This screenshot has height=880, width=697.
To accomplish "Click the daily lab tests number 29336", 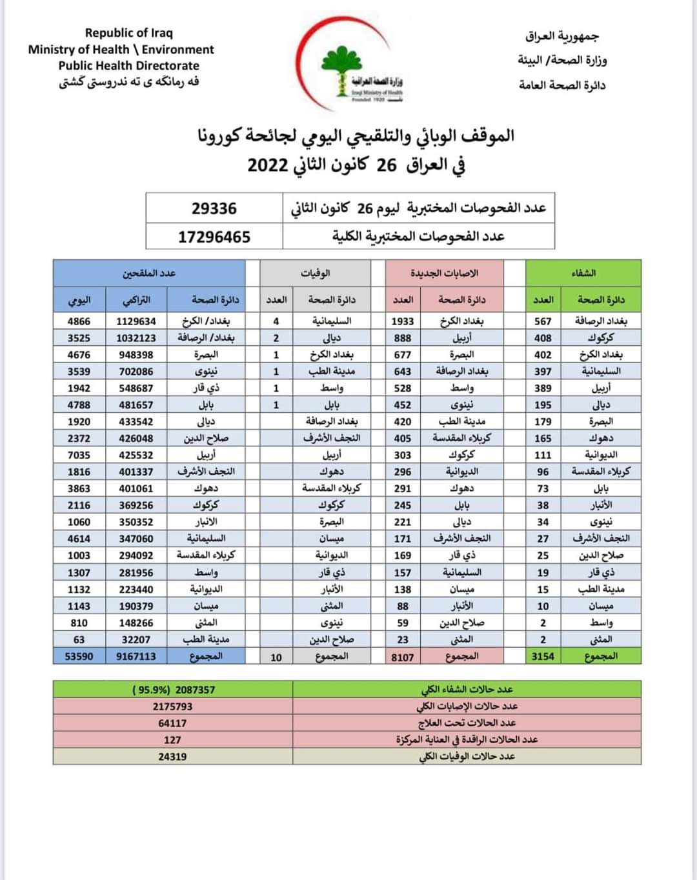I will [214, 208].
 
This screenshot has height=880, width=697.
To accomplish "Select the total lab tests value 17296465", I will [214, 237].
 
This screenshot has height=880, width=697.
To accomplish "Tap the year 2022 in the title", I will [268, 165].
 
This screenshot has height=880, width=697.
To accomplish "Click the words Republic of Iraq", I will [129, 33].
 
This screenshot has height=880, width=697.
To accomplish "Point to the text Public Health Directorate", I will [129, 66].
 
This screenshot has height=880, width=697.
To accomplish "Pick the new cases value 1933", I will [403, 321].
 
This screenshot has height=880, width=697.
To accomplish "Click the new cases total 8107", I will [403, 657].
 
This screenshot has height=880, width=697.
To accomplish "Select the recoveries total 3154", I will [543, 656].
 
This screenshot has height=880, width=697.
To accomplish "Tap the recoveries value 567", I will [543, 321].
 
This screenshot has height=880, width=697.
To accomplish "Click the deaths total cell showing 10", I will [276, 657].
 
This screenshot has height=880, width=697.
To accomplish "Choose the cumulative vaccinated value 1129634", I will [136, 321].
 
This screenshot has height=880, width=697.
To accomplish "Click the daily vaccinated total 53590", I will [79, 656].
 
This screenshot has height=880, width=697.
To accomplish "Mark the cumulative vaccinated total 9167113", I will [136, 656].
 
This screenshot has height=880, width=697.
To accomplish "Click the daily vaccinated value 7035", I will [79, 455].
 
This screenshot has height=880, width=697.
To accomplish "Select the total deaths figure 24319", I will [172, 757].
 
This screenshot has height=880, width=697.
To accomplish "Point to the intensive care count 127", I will [172, 740].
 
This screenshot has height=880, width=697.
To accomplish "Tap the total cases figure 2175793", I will [172, 706].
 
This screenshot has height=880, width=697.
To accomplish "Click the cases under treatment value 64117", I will [172, 723].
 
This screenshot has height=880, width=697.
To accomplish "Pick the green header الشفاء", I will [583, 273].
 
